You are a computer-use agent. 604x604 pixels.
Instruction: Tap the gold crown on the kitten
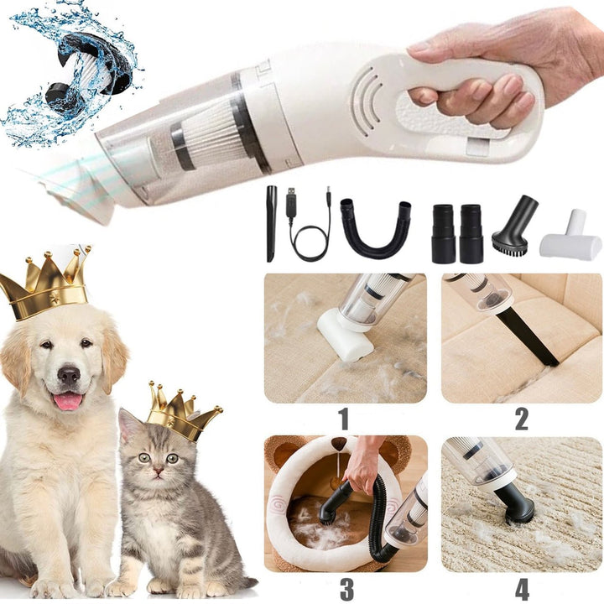180,413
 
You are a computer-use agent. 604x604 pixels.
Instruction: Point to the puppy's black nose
68,374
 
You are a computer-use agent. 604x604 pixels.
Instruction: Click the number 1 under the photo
343,418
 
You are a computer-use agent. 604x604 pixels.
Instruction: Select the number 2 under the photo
521,418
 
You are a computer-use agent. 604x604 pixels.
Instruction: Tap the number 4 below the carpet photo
521,588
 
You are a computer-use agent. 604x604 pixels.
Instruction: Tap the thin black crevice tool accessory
271,222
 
